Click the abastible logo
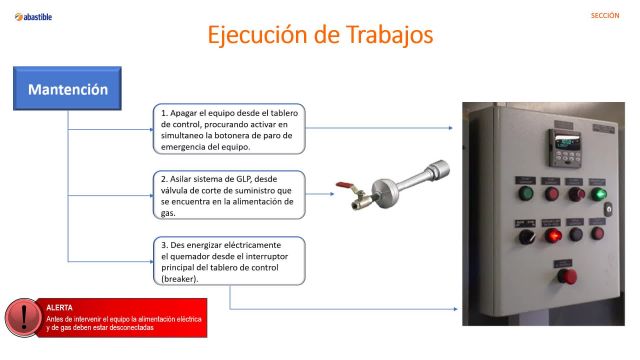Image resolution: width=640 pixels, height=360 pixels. [33, 16]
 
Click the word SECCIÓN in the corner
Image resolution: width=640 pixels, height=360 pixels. [605, 16]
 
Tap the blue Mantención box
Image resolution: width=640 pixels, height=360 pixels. [67, 89]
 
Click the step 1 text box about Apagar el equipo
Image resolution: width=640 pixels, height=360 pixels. [229, 127]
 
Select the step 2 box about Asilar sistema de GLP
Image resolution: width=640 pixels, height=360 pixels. [229, 195]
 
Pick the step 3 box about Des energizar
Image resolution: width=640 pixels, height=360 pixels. [229, 261]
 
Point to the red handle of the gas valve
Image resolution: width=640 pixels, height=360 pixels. [344, 185]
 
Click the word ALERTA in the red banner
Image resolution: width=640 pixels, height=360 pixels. [60, 307]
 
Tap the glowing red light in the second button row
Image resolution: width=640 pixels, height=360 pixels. [552, 235]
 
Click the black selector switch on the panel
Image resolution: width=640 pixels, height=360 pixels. [526, 237]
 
